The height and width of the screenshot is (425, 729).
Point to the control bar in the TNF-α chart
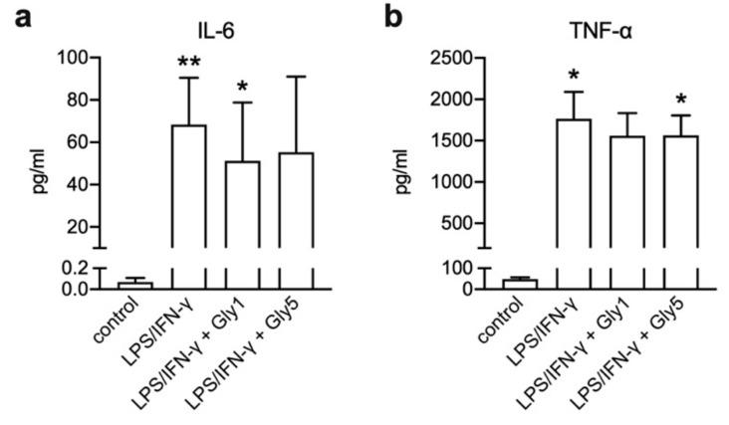pyautogui.click(x=520, y=284)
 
